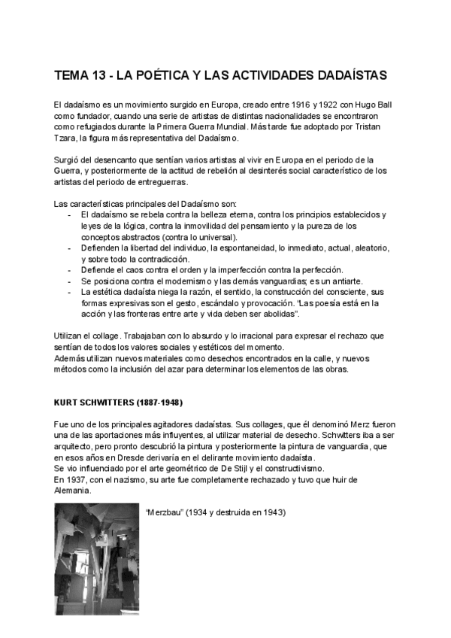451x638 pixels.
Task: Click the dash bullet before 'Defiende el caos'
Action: tap(69, 270)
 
